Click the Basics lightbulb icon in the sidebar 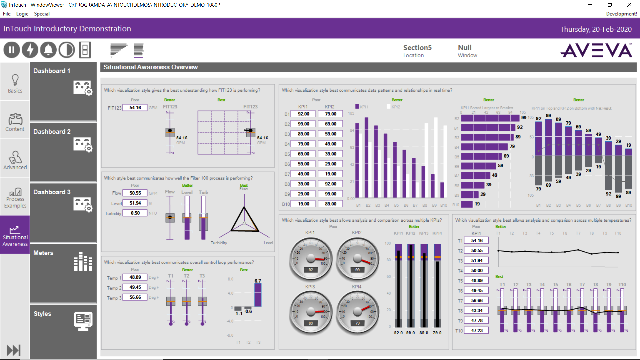(x=15, y=80)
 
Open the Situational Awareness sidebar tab (x=15, y=235)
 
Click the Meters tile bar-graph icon (x=83, y=261)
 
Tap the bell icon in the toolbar (x=48, y=50)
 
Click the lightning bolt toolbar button (x=30, y=50)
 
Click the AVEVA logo (x=596, y=51)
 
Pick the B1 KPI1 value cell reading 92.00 (x=303, y=114)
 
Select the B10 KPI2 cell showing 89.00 (x=330, y=204)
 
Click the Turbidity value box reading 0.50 (x=135, y=213)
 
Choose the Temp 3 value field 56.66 (x=135, y=297)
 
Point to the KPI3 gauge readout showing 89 (x=311, y=323)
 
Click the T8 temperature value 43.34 (x=477, y=311)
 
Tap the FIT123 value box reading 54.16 (x=135, y=108)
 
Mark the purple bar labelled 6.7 (x=258, y=295)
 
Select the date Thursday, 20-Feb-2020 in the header (x=596, y=29)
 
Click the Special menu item (x=42, y=14)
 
